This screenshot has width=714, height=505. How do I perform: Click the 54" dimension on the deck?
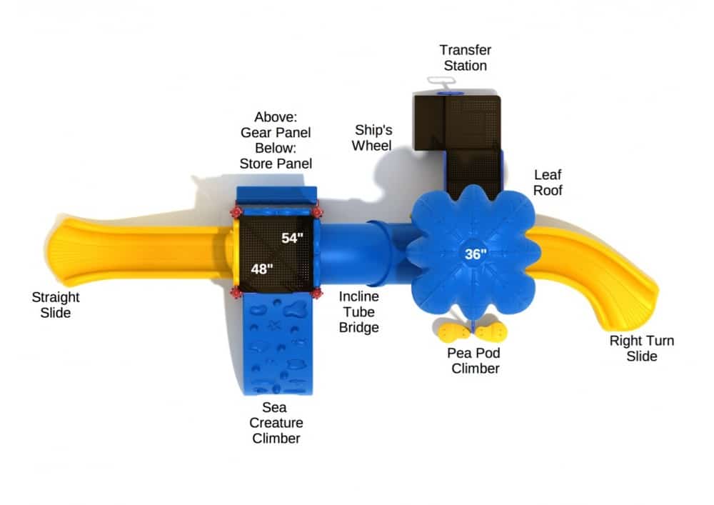(293, 238)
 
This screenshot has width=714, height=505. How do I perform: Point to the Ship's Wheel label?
(373, 137)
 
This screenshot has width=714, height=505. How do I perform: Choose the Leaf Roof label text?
(548, 182)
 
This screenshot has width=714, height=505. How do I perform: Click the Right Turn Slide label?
(641, 348)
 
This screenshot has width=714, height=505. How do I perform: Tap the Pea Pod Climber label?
(473, 361)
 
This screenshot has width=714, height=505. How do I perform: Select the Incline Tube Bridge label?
(358, 311)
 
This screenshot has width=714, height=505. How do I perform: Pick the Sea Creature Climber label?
(276, 422)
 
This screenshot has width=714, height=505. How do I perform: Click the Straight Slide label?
(56, 304)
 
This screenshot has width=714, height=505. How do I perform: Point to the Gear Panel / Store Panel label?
(276, 140)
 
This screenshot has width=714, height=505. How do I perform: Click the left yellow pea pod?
(451, 332)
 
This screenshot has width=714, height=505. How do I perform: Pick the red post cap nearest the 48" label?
(236, 292)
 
